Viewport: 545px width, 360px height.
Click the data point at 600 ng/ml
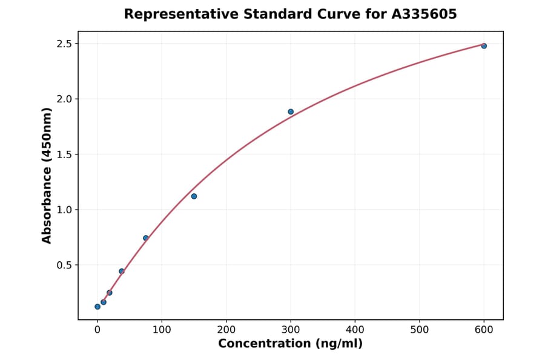point(484,46)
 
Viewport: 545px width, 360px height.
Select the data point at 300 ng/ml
point(291,112)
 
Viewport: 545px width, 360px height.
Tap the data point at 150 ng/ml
point(194,196)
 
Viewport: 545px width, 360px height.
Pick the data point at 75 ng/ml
point(146,238)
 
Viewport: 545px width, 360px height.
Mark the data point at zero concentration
point(97,307)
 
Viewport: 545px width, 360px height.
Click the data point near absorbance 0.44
point(122,272)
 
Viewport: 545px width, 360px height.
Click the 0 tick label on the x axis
point(97,330)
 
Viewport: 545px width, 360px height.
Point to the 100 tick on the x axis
point(162,330)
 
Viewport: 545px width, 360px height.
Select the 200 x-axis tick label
point(226,330)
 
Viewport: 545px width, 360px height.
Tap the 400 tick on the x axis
point(355,330)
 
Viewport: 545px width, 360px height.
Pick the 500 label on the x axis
point(419,330)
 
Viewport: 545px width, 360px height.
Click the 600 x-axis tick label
point(484,330)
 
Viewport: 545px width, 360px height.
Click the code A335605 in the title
point(424,14)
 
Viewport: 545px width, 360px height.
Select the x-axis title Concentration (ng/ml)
point(290,344)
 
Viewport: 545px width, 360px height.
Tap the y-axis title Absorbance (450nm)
point(47,175)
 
